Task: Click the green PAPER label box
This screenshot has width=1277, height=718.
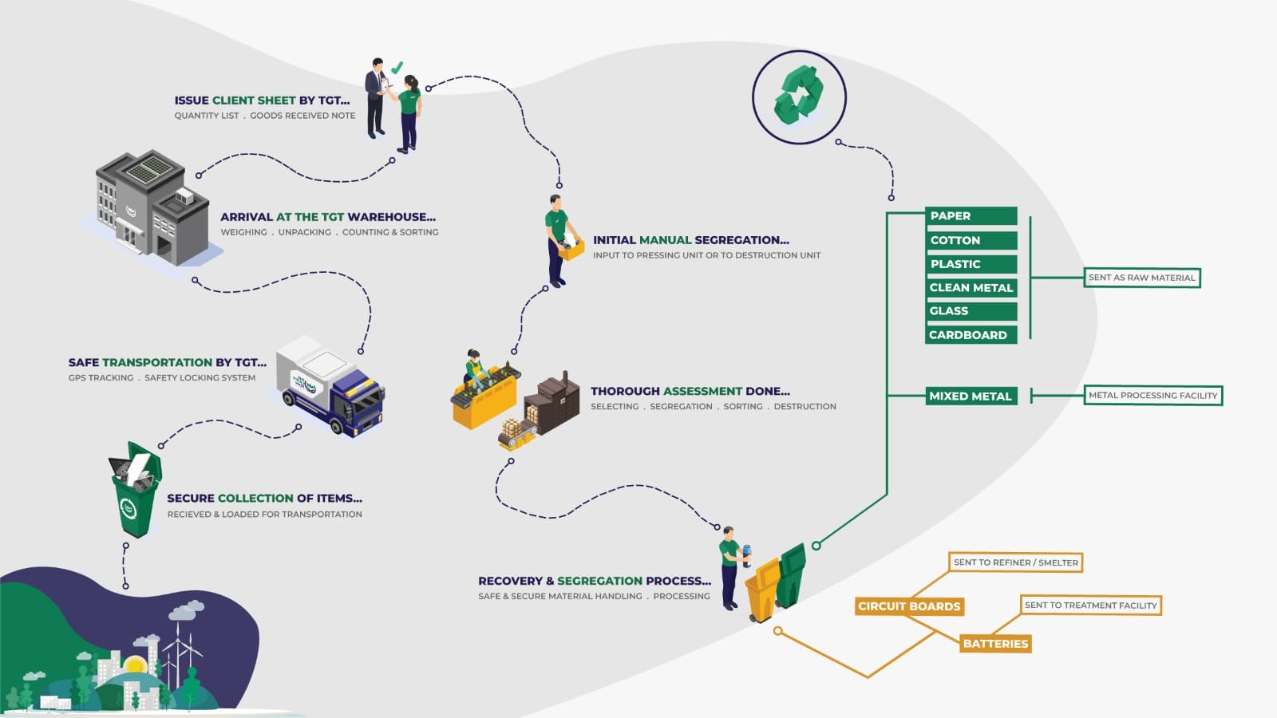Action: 971,215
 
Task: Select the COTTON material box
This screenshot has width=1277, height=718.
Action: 971,240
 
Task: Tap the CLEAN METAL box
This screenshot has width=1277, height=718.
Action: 971,287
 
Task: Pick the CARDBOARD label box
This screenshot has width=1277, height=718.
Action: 971,335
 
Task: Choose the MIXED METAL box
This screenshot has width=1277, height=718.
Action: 971,396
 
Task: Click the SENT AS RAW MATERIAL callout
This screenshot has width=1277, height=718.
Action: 1141,278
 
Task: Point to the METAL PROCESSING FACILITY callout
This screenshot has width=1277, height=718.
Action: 1152,395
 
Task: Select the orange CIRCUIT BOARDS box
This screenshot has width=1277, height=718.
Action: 909,606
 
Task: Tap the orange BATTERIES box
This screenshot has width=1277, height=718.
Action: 995,644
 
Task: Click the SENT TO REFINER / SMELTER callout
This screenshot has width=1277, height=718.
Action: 1015,562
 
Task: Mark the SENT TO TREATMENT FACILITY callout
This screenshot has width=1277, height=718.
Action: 1090,606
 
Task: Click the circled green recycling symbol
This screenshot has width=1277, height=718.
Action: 799,97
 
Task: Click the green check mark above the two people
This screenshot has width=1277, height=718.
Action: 397,68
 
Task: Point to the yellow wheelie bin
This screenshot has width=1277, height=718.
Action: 763,590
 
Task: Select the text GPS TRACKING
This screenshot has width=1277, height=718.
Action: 101,378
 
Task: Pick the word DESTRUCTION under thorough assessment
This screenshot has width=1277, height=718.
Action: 805,407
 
